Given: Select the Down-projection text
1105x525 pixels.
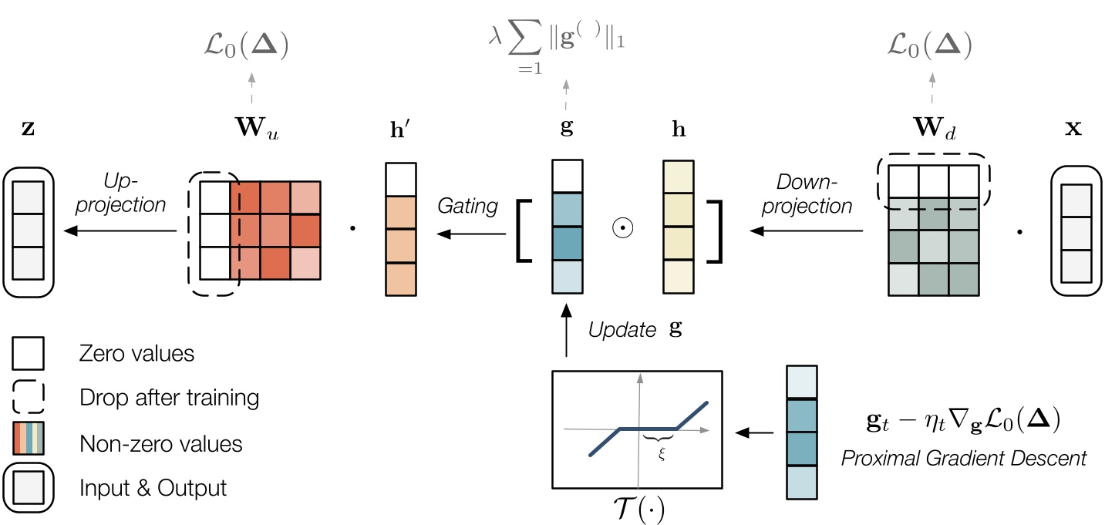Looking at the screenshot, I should (x=814, y=195).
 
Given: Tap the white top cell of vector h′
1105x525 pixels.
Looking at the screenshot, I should (x=400, y=178).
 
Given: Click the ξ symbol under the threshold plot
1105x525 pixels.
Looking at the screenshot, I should (x=661, y=453).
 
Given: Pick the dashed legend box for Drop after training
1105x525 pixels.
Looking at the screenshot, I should (x=28, y=398).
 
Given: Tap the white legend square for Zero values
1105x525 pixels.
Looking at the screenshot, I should (x=28, y=354).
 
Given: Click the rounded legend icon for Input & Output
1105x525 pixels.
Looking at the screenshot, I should (x=28, y=487).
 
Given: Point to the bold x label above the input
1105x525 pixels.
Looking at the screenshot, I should (x=1073, y=128).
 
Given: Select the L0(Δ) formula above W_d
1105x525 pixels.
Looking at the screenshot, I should (x=928, y=47).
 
